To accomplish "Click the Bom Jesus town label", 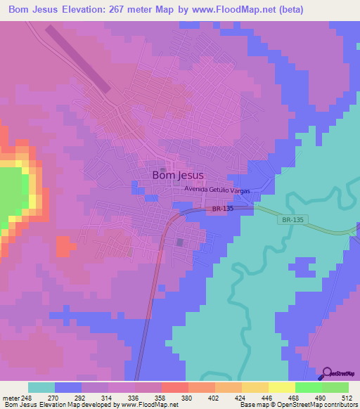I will point(178,176).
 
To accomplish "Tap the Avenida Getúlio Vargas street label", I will point(217,190).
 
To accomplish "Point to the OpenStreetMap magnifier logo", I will point(326,374).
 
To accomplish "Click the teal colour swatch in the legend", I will point(41,387).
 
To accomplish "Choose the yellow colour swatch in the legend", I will point(281,387).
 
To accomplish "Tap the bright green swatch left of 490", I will point(308,387).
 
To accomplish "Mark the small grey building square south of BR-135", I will point(179,242).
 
